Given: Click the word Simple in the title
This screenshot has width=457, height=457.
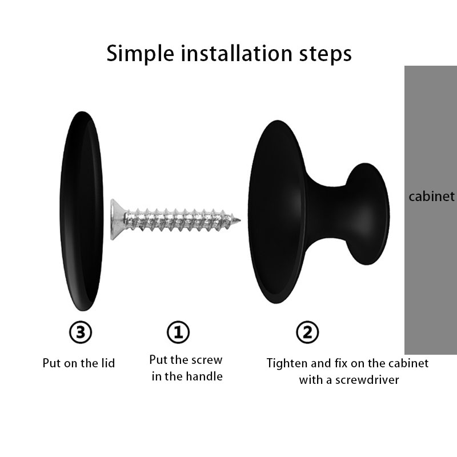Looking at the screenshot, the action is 140,54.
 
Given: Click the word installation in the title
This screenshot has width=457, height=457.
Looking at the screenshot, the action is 236,53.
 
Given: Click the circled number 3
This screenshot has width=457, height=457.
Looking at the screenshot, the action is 81,332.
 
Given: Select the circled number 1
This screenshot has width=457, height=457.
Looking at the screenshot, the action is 178,332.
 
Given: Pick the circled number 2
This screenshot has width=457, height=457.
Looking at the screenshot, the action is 307,332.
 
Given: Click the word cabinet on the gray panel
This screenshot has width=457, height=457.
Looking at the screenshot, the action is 431,197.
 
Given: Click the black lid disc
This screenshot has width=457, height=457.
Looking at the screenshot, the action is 82,211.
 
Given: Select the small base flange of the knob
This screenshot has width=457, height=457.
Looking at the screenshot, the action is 368,214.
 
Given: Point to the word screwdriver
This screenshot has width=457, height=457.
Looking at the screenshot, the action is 367,380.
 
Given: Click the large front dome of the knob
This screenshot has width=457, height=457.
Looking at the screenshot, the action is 277,212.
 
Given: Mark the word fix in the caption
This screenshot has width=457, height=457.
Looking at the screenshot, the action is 342,363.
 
